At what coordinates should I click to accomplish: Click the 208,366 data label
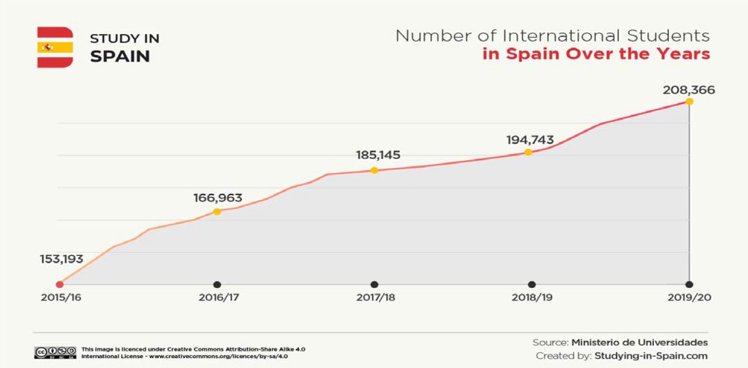689,91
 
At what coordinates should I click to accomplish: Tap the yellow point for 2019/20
689,101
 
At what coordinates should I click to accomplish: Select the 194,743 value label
530,140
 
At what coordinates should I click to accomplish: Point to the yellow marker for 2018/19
528,152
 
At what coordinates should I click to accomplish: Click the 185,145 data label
378,155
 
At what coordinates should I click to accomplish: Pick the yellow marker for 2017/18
374,170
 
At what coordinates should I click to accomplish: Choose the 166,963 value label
218,198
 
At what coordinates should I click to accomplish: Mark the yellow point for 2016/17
217,211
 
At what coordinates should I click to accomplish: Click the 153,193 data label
62,259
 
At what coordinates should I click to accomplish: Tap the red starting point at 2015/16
60,284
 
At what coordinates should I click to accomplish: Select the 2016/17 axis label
219,297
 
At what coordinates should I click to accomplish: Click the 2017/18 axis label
376,297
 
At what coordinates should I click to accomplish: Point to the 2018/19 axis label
532,297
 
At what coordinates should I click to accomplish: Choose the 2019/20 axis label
689,297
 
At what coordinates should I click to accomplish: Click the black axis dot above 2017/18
375,284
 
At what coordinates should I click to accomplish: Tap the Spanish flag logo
55,48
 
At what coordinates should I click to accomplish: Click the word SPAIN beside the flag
120,56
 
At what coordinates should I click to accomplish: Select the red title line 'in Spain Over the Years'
596,54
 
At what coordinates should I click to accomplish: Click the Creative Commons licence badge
55,352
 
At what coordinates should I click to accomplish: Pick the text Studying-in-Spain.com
651,356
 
